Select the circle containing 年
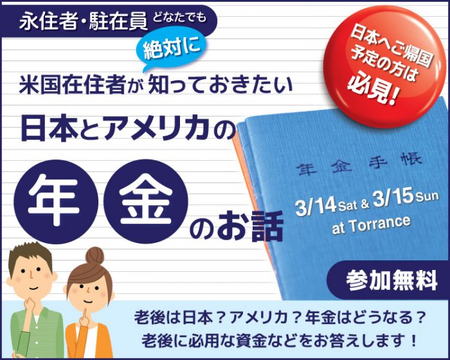56,201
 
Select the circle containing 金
145,201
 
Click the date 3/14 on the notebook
316,206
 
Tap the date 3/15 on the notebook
393,199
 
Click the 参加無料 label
392,280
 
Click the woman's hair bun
94,255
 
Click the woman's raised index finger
85,314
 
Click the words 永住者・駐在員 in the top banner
83,21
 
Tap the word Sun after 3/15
427,196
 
